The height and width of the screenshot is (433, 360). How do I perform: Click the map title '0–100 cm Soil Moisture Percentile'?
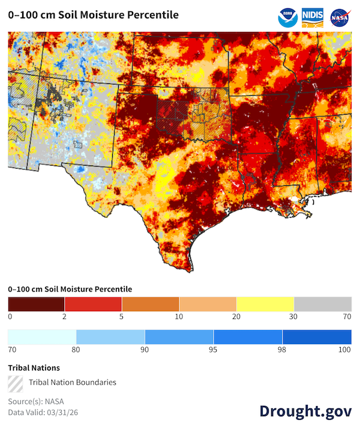coord(93,15)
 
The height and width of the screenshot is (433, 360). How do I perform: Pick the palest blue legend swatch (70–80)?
coord(43,337)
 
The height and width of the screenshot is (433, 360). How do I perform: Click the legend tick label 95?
coord(214,350)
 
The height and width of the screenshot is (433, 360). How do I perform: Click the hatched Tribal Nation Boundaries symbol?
coord(16,382)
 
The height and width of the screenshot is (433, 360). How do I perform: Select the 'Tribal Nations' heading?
coord(34,368)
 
